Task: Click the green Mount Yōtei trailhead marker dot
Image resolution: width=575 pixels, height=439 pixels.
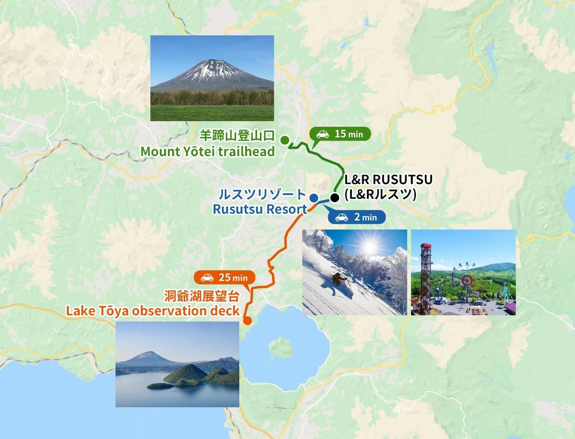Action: point(285,140)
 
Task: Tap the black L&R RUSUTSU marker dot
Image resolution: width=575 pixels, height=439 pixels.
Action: point(335,197)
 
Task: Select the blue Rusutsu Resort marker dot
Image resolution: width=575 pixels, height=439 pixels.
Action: point(314,197)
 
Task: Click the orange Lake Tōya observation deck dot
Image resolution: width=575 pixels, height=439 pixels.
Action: point(247,321)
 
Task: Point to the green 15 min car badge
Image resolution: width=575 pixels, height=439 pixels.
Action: point(340,134)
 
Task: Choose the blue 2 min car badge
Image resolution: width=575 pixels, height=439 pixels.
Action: point(357,217)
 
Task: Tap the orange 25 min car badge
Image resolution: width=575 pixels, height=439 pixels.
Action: point(225,278)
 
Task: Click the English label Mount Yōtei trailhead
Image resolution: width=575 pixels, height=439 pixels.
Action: point(207,151)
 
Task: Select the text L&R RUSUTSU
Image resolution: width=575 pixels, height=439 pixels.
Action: point(388,180)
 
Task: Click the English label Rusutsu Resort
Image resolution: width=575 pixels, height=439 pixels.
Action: point(260,209)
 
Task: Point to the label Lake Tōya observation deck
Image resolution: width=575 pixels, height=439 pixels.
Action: point(153,311)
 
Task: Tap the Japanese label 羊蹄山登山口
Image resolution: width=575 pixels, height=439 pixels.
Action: point(237,135)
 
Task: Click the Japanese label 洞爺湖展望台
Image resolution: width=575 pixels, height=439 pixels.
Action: point(201,296)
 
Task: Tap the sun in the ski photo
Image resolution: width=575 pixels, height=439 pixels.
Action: point(370,247)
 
